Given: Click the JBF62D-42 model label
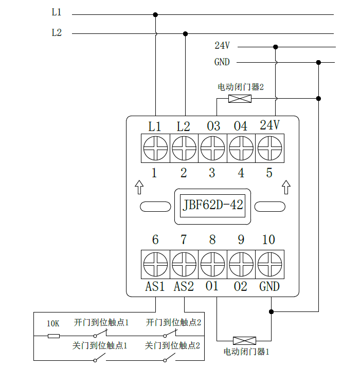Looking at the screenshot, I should (213, 206).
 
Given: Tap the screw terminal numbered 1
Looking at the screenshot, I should (155, 149).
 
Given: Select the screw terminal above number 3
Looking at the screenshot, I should (212, 149).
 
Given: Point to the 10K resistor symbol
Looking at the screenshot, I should (53, 336).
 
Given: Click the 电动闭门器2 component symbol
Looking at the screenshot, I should (240, 98).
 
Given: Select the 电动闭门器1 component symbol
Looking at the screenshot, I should (245, 340).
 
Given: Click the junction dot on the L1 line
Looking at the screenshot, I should (155, 15).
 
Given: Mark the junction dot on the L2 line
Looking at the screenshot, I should (185, 33).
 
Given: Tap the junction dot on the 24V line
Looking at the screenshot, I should (276, 47).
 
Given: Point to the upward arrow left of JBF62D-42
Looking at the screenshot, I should (139, 187).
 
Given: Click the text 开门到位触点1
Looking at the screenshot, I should (101, 323).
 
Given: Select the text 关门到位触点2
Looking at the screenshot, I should (173, 346).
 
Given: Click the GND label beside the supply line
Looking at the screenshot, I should (222, 62).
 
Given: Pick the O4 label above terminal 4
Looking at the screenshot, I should (241, 126).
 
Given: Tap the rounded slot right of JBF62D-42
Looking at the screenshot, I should (271, 206).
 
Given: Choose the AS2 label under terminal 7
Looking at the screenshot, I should (184, 287).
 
